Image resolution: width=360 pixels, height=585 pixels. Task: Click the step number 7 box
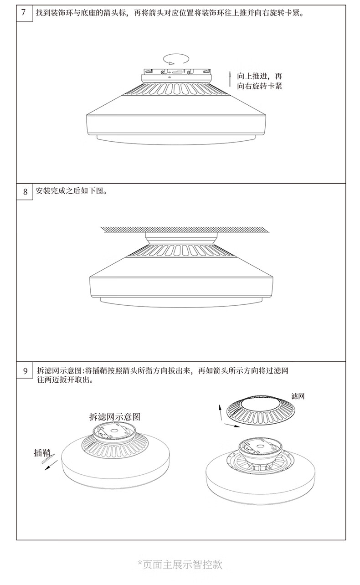(25, 12)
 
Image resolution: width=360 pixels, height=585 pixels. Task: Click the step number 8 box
(25, 191)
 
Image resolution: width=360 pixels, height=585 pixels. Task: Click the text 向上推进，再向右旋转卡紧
(260, 81)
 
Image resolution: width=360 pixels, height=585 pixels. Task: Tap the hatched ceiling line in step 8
(180, 229)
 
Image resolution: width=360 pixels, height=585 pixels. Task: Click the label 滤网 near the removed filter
(298, 396)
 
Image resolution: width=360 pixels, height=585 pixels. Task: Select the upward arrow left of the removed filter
(221, 412)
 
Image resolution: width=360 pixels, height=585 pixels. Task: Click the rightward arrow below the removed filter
(232, 426)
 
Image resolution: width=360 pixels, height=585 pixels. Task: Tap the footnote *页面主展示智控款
(180, 564)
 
